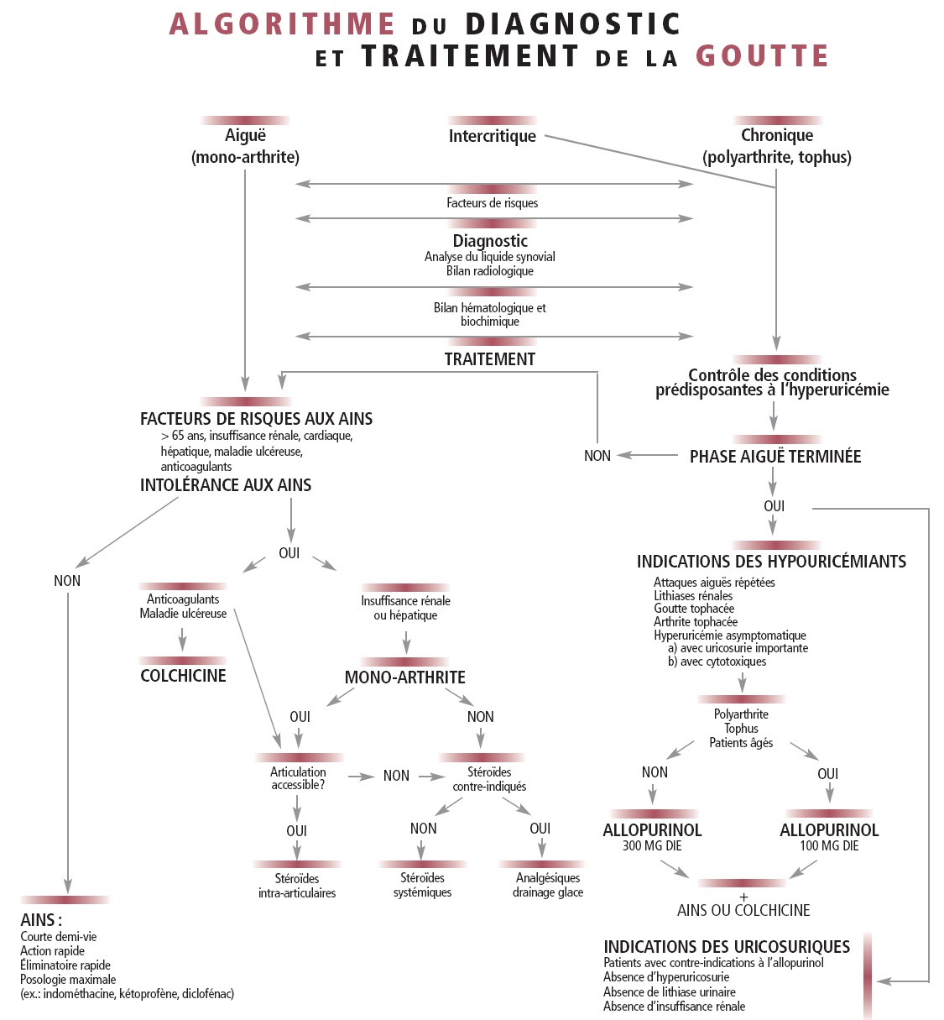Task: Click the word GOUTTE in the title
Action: click(762, 56)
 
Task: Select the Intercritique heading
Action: click(492, 136)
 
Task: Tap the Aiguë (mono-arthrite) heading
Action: click(245, 145)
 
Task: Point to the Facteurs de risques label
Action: click(492, 203)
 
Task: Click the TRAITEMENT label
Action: click(489, 359)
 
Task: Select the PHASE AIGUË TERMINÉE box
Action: click(774, 457)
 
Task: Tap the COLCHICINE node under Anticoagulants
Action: click(183, 676)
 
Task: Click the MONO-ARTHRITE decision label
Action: click(404, 677)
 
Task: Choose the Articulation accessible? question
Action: click(298, 778)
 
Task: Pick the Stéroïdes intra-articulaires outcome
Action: click(297, 886)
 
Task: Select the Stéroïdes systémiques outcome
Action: click(422, 886)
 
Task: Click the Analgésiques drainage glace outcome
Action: click(547, 886)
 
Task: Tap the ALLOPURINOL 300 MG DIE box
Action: click(652, 837)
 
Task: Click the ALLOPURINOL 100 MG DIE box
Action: click(829, 837)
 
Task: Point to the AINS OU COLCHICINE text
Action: click(743, 911)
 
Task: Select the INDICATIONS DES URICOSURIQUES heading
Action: click(727, 947)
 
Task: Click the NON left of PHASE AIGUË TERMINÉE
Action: click(597, 456)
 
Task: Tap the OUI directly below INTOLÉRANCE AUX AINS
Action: click(289, 553)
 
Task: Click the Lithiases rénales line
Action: click(693, 596)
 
